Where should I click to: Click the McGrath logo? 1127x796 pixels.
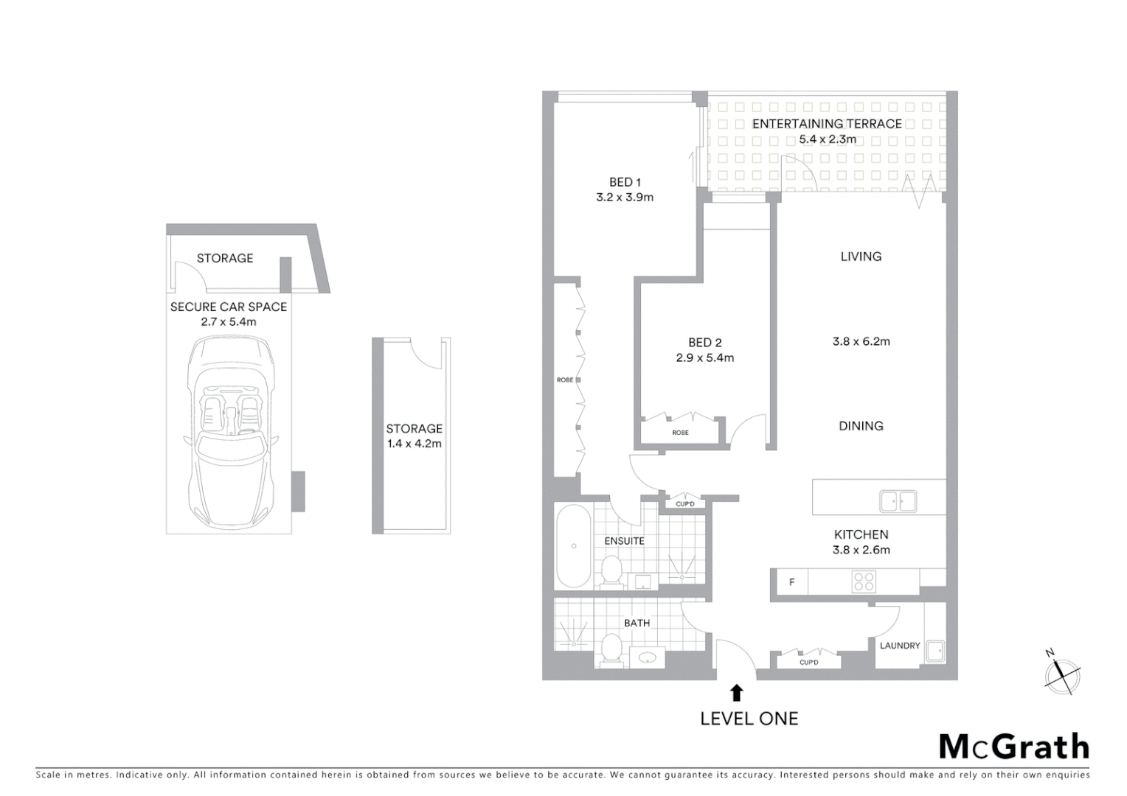(x=1014, y=747)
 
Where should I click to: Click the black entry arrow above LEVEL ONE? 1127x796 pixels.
(x=736, y=692)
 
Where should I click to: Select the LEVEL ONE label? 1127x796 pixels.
(x=749, y=719)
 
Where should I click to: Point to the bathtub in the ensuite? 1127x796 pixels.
(x=573, y=546)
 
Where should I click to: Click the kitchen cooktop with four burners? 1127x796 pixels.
(x=864, y=582)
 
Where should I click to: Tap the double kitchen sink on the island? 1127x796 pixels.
(x=898, y=501)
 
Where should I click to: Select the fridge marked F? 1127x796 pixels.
(x=791, y=582)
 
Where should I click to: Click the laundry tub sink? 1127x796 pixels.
(x=935, y=652)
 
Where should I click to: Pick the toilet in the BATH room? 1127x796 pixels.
(x=611, y=648)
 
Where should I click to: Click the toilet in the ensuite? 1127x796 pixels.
(x=611, y=570)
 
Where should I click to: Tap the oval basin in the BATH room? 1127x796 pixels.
(x=648, y=657)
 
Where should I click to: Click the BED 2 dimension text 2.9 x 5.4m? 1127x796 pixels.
(x=704, y=358)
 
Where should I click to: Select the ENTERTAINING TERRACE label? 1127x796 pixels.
(x=826, y=124)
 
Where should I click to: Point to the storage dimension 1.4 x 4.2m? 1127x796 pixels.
(x=414, y=444)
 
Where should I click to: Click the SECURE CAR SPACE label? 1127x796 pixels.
(x=229, y=307)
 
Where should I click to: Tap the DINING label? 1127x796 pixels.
(x=861, y=426)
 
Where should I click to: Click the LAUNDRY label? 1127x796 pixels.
(x=900, y=646)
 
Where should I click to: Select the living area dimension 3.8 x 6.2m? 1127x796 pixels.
(x=861, y=341)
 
